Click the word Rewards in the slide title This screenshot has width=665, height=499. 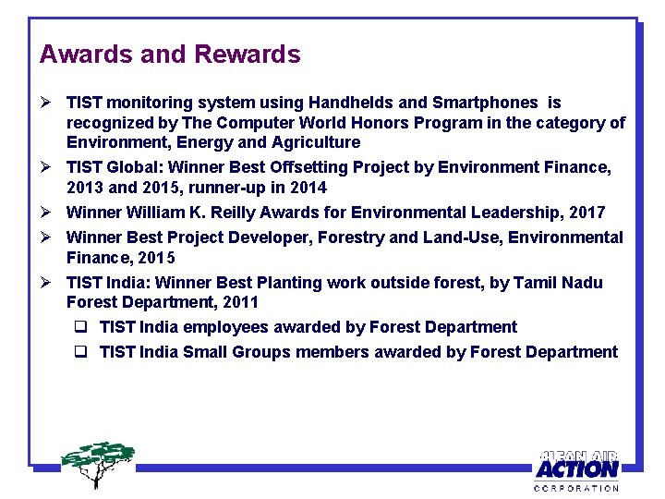pos(247,55)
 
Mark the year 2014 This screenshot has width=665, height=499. pos(307,188)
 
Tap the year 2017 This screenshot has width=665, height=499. pos(586,213)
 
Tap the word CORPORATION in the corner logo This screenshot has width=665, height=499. pos(577,487)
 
